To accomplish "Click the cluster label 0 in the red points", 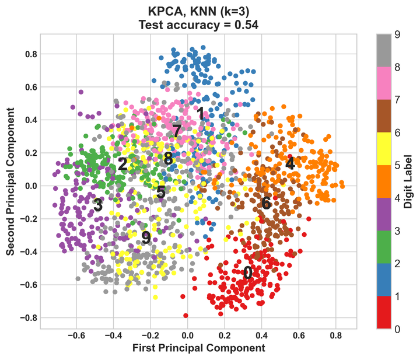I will (248, 272).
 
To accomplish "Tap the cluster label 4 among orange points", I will (290, 163).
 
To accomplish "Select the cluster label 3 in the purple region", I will (98, 205).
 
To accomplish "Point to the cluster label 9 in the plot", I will (146, 237).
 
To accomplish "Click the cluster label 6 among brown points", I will (266, 203).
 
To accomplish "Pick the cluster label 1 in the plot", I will (201, 114).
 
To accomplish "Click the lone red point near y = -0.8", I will (186, 315).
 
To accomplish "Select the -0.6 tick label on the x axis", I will (76, 336).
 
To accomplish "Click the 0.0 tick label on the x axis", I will (187, 336).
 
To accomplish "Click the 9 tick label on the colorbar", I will (397, 34).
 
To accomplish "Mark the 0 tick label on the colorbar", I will (397, 329).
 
